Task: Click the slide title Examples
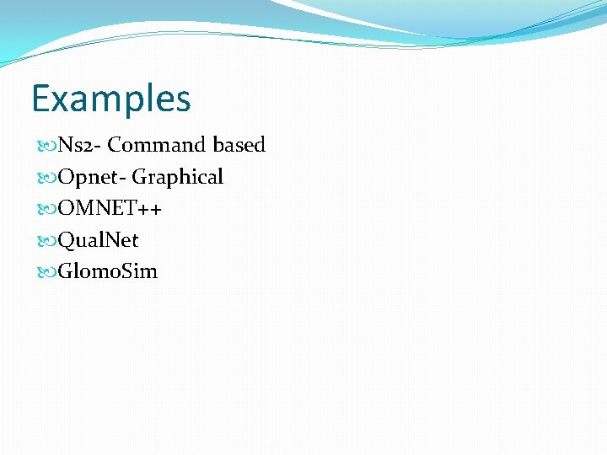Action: [x=111, y=99]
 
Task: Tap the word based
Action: [x=239, y=146]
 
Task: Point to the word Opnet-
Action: [x=92, y=178]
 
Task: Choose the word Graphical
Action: [x=178, y=178]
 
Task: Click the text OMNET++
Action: [x=110, y=209]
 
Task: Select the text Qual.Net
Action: [x=98, y=241]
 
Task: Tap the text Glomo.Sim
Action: [x=107, y=272]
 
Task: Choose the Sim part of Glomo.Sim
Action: [x=142, y=272]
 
